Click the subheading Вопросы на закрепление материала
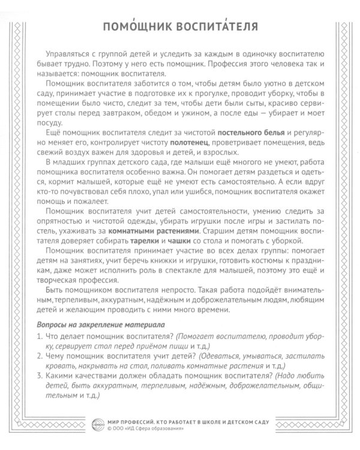[x=90, y=325]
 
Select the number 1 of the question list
[x=40, y=336]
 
